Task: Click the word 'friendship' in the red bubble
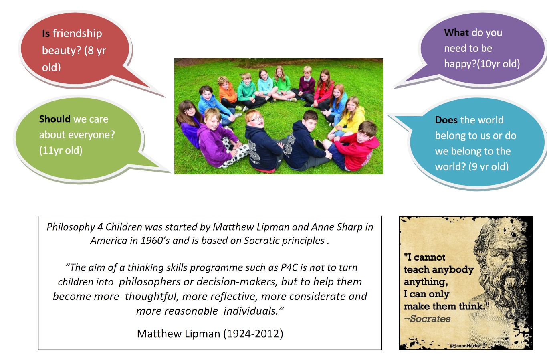(77, 34)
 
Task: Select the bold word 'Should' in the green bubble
(54, 119)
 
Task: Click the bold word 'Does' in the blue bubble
(446, 120)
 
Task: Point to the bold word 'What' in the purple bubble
(456, 33)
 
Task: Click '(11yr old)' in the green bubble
(61, 150)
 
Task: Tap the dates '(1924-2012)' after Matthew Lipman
(254, 334)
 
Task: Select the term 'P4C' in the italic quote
(289, 267)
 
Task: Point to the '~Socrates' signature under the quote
(427, 319)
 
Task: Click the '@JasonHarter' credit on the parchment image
(465, 346)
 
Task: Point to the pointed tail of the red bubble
(164, 97)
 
